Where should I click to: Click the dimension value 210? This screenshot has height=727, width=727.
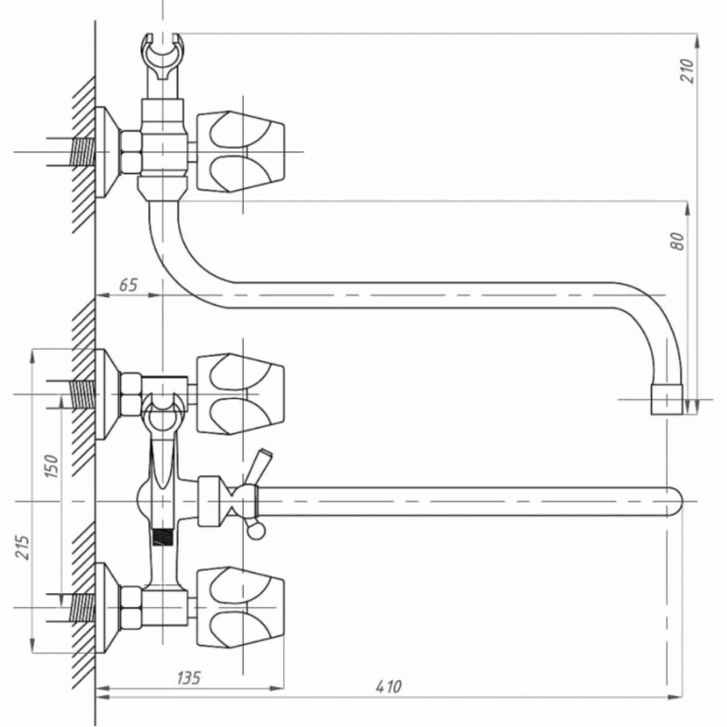[x=688, y=70]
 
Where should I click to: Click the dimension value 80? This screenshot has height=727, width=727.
[x=677, y=241]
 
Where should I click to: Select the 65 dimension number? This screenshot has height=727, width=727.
[x=128, y=285]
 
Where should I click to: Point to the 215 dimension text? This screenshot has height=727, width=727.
[x=22, y=547]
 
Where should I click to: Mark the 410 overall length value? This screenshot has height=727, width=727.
[x=389, y=699]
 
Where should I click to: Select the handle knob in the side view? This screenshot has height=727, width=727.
[x=240, y=152]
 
